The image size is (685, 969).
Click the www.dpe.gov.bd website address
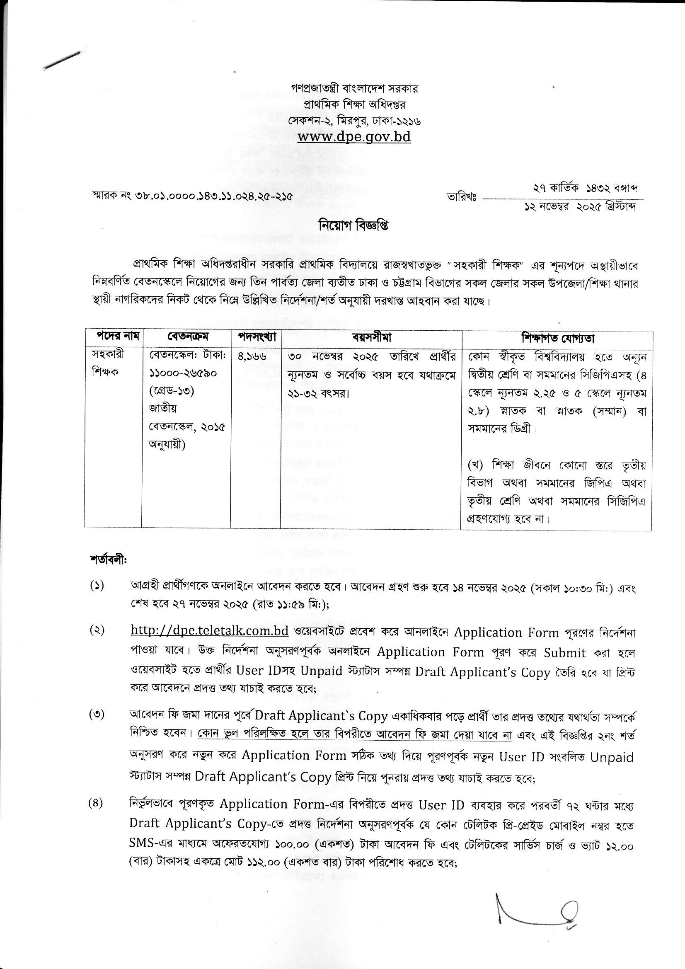click(354, 137)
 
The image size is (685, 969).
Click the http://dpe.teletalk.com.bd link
click(210, 631)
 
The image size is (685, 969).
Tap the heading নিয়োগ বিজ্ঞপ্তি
click(353, 226)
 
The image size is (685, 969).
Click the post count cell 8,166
click(252, 356)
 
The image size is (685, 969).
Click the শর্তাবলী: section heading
click(108, 561)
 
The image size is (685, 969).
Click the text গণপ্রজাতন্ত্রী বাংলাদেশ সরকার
click(355, 89)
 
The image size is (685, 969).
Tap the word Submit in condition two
click(565, 653)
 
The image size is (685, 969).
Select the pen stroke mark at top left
click(62, 61)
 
